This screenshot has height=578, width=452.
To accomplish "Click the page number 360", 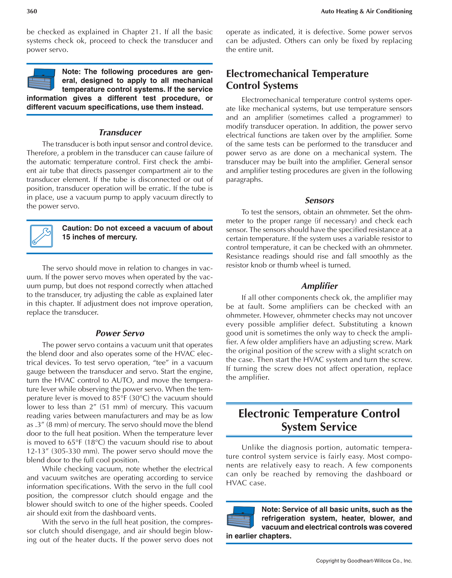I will pyautogui.click(x=32, y=11).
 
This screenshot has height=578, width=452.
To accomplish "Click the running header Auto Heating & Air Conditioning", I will pyautogui.click(x=366, y=11).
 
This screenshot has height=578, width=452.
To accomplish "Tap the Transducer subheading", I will pyautogui.click(x=120, y=132).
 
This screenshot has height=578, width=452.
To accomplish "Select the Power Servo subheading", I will pyautogui.click(x=120, y=333).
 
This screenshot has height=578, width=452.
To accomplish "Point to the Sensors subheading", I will pyautogui.click(x=319, y=200).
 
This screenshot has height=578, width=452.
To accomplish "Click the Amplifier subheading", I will pyautogui.click(x=319, y=286).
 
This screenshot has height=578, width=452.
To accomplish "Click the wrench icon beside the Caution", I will pyautogui.click(x=41, y=236).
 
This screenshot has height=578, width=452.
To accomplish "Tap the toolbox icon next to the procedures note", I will pyautogui.click(x=41, y=79).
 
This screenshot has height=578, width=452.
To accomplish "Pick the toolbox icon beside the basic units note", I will pyautogui.click(x=240, y=517).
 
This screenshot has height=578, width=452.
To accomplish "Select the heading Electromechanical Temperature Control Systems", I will pyautogui.click(x=297, y=79).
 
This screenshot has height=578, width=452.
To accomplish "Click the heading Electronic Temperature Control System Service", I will pyautogui.click(x=319, y=420).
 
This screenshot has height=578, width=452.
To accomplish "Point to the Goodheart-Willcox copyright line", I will pyautogui.click(x=364, y=561).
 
